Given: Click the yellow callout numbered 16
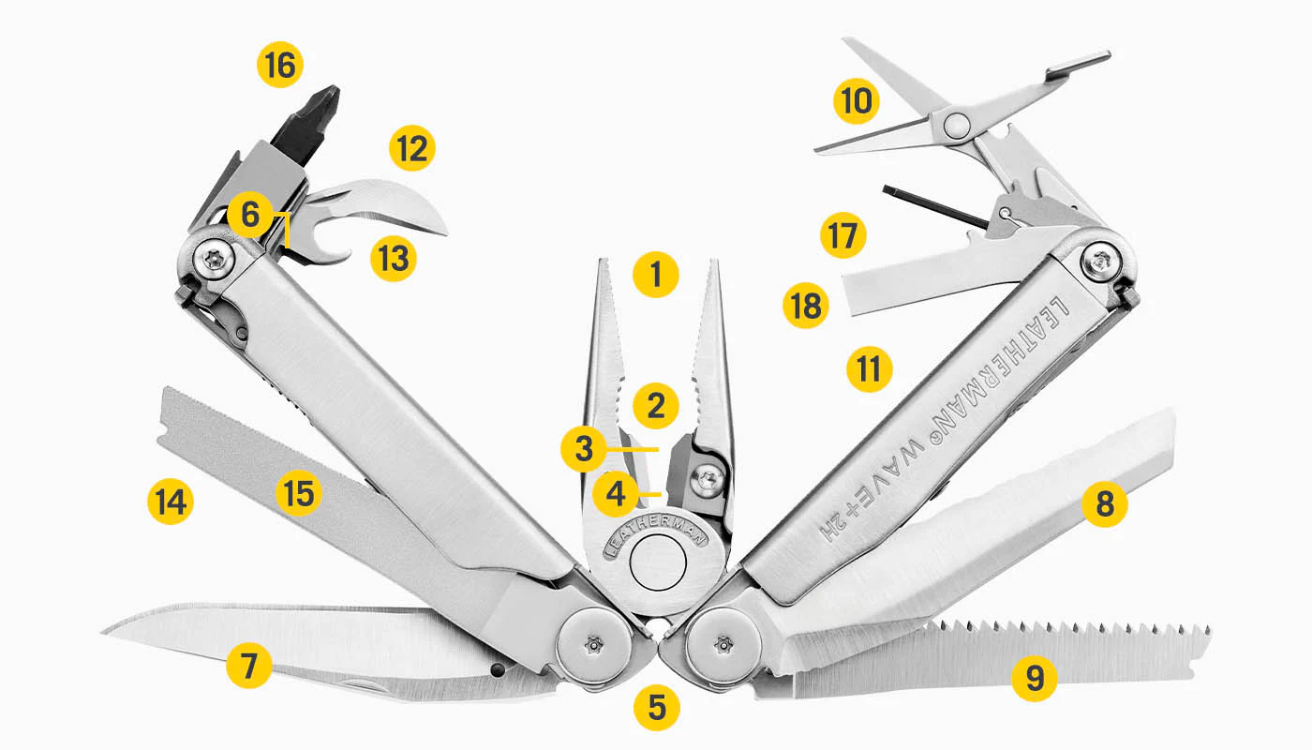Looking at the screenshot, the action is point(280,65).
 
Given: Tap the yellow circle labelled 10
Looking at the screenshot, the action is point(857,100).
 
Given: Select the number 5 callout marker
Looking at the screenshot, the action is point(657,707).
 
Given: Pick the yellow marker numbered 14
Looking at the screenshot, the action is point(171,502).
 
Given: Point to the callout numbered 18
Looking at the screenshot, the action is point(806,305).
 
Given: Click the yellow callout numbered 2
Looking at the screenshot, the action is point(656,405).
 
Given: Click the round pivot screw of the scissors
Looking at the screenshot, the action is point(957,124).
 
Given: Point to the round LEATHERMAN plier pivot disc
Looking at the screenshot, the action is point(657,562).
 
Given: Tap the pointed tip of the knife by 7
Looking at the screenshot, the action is point(103,632).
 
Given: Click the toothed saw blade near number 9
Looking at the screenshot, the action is point(995,656).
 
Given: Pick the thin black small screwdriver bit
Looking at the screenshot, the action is point(937,208).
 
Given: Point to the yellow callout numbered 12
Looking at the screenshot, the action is point(412,148).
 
